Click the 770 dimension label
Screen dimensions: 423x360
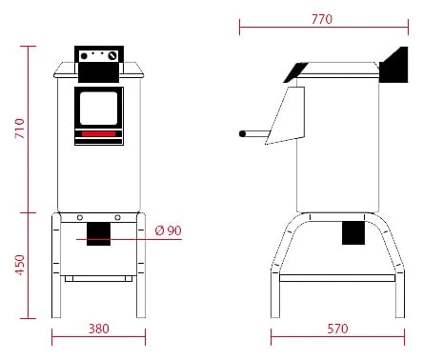click(322, 19)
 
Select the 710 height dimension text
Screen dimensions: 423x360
click(20, 129)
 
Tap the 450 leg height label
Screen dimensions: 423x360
click(20, 265)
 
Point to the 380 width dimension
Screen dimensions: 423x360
click(99, 329)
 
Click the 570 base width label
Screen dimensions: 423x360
click(337, 329)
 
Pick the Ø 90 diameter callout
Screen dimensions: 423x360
click(169, 230)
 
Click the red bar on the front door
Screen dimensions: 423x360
click(98, 134)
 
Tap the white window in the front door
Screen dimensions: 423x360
click(98, 109)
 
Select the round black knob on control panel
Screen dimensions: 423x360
click(84, 56)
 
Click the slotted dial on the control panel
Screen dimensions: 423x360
click(112, 56)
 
